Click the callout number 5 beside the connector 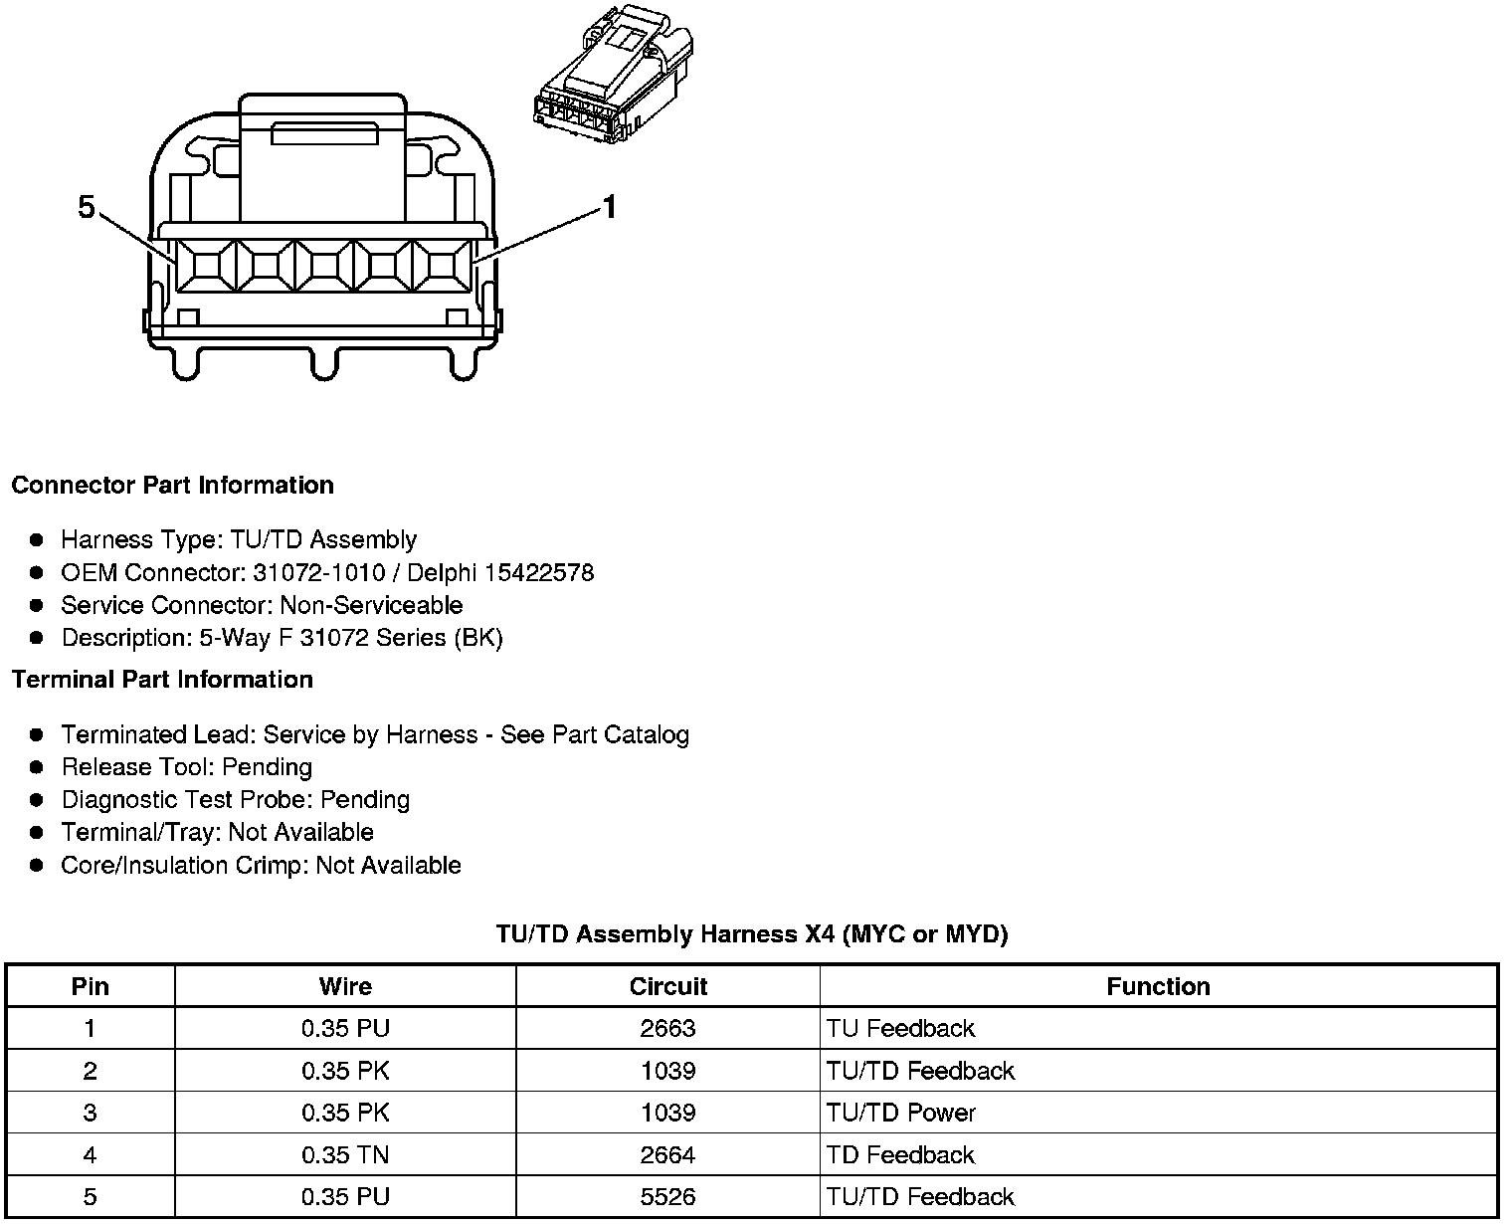click(x=87, y=208)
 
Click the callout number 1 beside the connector click(x=610, y=208)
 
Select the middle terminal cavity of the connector click(x=324, y=266)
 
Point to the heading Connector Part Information click(x=172, y=486)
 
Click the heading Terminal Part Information click(x=162, y=680)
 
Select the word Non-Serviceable click(x=371, y=606)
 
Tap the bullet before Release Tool click(x=37, y=767)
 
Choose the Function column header click(x=1158, y=986)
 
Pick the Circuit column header click(x=667, y=986)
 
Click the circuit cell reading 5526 click(x=667, y=1196)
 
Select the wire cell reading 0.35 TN click(x=345, y=1154)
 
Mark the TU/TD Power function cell click(x=901, y=1113)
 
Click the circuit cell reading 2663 click(x=667, y=1028)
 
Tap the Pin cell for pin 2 click(x=91, y=1071)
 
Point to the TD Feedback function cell click(x=900, y=1154)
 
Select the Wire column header click(x=345, y=986)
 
